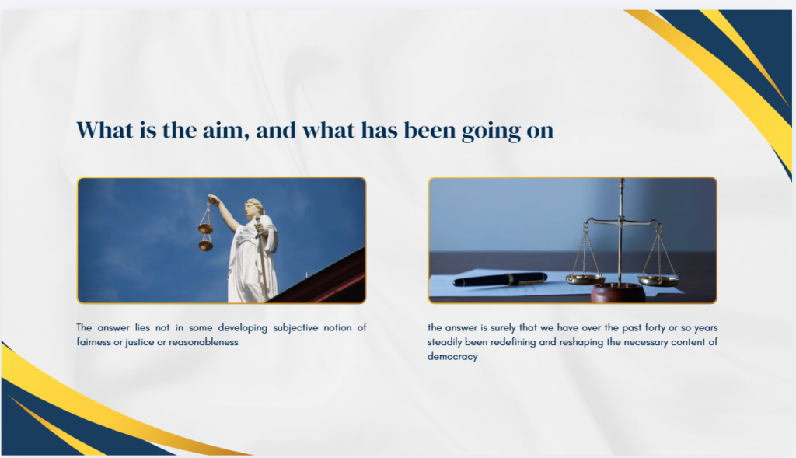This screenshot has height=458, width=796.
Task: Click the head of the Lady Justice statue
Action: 253,208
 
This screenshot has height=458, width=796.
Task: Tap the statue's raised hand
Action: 211,199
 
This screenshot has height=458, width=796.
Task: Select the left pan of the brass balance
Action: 585,278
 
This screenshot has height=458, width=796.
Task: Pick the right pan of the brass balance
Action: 658,279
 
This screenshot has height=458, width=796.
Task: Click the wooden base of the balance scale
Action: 618,293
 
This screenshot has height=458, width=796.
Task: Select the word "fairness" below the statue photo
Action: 93,342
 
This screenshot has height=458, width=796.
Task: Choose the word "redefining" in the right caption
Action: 508,342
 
